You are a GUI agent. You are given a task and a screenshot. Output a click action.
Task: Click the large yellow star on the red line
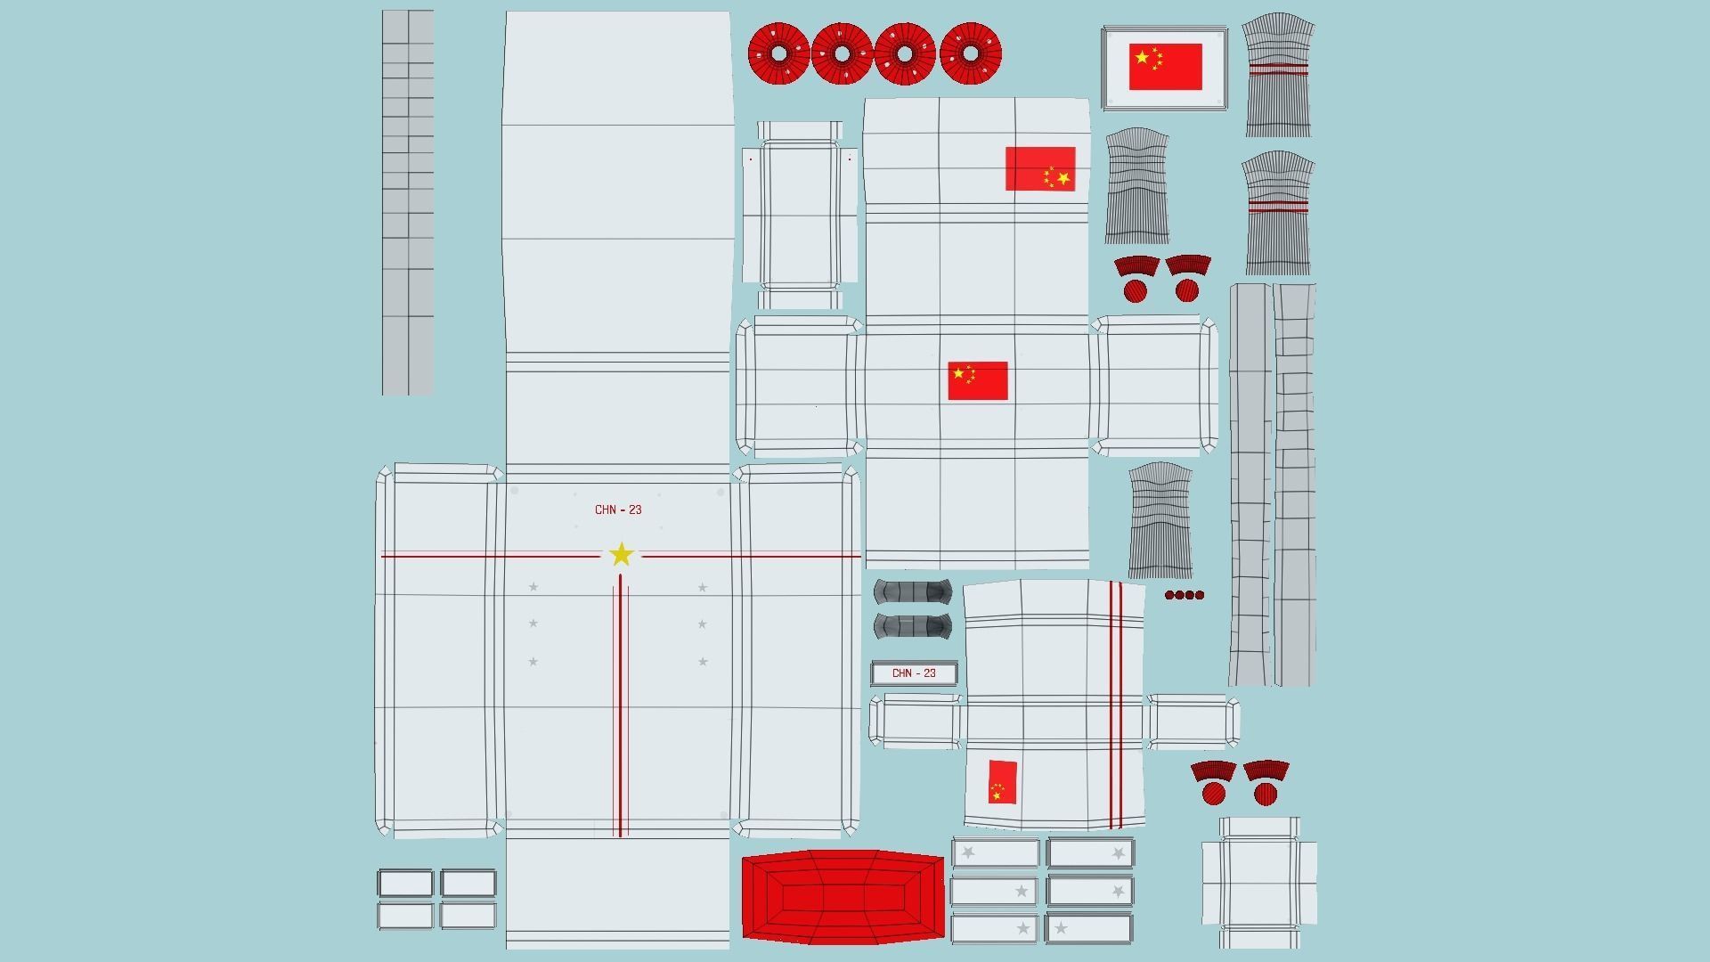621,555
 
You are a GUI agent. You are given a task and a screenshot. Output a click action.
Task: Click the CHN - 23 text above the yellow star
618,510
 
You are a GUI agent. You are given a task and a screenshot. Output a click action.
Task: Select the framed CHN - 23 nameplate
914,673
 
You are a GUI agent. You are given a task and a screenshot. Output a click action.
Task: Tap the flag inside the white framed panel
1165,67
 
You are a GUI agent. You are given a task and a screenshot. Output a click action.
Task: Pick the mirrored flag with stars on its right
1040,168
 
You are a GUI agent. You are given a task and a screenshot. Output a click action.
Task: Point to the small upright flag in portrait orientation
1002,781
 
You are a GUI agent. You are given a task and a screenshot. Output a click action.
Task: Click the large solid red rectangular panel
843,895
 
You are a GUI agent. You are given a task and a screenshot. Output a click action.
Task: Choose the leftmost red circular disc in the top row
778,53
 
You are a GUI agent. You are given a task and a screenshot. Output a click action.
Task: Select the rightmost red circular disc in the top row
971,53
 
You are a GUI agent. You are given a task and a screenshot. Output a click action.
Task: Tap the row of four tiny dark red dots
1185,595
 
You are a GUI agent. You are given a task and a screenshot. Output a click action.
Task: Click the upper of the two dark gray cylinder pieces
913,591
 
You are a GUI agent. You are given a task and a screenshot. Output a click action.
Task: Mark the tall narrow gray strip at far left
408,202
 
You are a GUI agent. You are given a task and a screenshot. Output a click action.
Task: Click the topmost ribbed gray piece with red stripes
1278,76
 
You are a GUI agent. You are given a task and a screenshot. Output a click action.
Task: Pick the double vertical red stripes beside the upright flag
1116,704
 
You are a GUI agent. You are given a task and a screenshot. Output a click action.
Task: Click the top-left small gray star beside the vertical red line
533,587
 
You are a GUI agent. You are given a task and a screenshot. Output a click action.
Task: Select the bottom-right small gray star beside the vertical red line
703,662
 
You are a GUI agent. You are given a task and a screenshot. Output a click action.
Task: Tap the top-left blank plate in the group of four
405,883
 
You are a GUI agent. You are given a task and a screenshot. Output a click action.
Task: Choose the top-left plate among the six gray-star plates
995,853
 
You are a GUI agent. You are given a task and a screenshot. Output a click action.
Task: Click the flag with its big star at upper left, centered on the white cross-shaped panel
977,380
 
